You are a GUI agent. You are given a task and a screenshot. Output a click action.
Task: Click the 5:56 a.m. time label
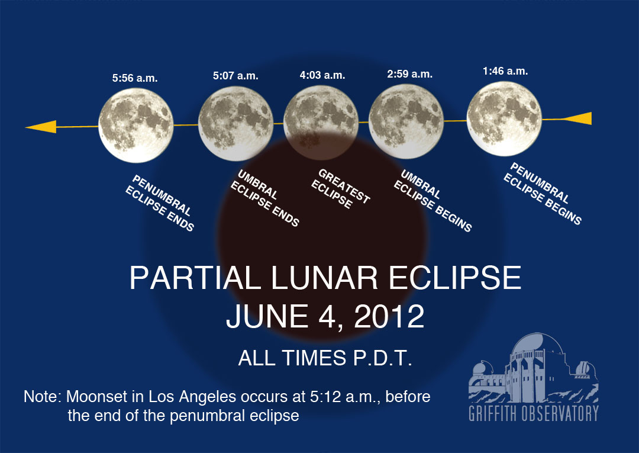(135, 78)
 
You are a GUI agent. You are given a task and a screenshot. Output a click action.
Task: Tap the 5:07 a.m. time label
(235, 75)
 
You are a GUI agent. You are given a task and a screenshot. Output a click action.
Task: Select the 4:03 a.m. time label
(322, 75)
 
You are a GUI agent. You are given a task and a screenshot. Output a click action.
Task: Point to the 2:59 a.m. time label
(409, 74)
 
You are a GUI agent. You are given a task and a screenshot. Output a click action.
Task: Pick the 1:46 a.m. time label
(505, 71)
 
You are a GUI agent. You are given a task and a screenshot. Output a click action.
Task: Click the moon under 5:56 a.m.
(136, 125)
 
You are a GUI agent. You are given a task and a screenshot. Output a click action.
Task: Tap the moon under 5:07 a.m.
(235, 123)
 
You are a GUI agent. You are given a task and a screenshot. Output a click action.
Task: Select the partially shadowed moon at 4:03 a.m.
(321, 123)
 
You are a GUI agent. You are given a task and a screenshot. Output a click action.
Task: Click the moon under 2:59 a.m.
(406, 121)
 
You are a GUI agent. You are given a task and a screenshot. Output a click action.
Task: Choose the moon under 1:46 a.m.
(504, 118)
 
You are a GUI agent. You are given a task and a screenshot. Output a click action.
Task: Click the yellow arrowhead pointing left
(41, 127)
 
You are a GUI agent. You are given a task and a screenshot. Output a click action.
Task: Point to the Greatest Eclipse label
(341, 189)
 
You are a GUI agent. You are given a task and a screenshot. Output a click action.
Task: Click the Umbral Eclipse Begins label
(433, 201)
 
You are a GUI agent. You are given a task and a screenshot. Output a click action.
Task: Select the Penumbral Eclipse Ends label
(159, 203)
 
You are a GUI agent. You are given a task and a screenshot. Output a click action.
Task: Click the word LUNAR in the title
(324, 278)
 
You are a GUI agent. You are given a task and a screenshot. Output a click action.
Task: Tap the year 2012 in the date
(389, 316)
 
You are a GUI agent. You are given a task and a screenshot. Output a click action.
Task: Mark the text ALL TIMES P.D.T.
(325, 358)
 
